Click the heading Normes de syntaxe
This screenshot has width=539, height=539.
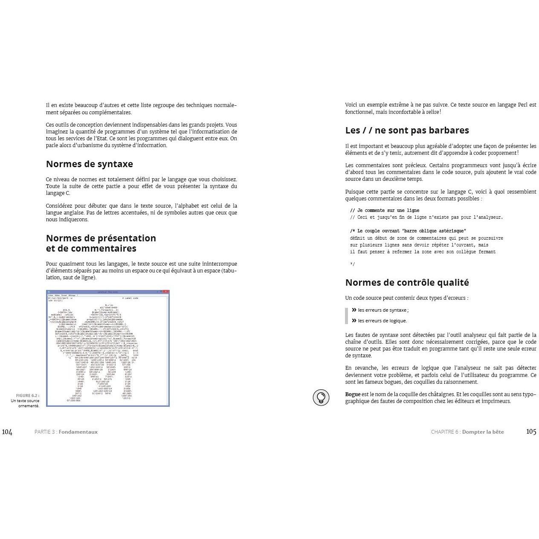coord(89,164)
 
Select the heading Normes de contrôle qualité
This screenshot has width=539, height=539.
coord(407,283)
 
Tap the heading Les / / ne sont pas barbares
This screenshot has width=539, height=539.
coord(407,130)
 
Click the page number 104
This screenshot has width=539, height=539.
coord(7,432)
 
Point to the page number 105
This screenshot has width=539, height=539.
coord(531,432)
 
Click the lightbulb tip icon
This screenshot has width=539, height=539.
coord(321,397)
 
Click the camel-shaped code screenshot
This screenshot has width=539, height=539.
coord(108,348)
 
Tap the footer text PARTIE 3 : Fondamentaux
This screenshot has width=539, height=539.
coord(66,432)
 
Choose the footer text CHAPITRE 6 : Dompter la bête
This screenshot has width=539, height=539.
coord(467,432)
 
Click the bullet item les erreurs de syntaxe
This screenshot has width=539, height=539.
coord(383,310)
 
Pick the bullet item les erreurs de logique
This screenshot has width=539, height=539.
coord(382,321)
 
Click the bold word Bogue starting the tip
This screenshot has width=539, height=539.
coord(353,394)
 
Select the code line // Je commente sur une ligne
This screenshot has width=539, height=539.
coord(384,210)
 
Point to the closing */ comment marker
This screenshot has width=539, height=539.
coord(352,264)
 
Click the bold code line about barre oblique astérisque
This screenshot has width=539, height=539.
coord(408,231)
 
